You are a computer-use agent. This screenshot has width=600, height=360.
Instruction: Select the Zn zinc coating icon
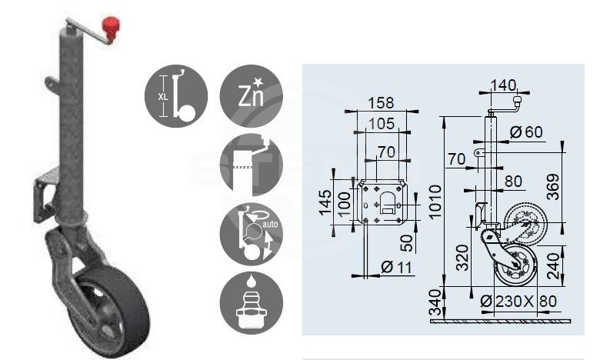252,96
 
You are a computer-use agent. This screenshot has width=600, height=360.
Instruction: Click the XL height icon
175,96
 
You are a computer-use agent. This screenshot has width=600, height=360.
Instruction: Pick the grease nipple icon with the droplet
252,304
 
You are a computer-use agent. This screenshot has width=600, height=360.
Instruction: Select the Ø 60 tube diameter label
526,132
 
